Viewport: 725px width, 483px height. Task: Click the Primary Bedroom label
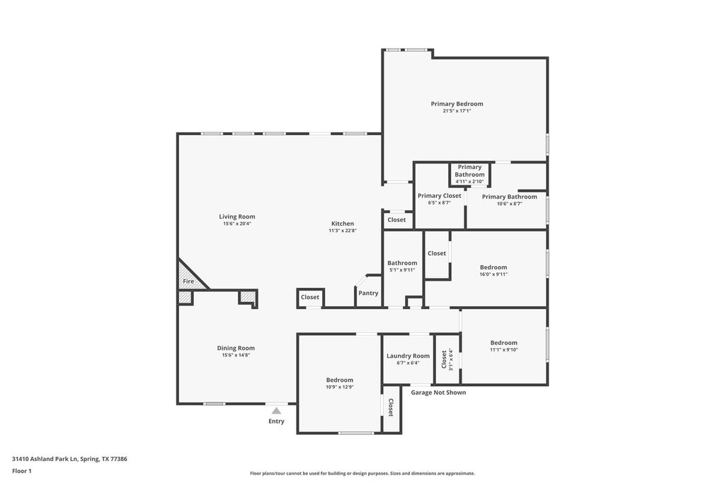pyautogui.click(x=457, y=104)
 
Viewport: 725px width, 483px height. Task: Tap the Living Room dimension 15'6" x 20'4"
pyautogui.click(x=237, y=223)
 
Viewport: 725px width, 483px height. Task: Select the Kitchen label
pyautogui.click(x=343, y=223)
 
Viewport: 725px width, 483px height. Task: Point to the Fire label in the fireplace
pyautogui.click(x=188, y=281)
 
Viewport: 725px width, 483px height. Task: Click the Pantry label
pyautogui.click(x=368, y=293)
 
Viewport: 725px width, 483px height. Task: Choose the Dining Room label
pyautogui.click(x=236, y=348)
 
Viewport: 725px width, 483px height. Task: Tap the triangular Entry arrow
pyautogui.click(x=276, y=410)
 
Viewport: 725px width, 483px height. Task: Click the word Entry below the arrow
pyautogui.click(x=277, y=421)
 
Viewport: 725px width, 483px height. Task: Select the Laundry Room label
pyautogui.click(x=409, y=356)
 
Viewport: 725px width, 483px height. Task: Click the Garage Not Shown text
pyautogui.click(x=438, y=392)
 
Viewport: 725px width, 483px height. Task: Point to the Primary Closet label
pyautogui.click(x=439, y=196)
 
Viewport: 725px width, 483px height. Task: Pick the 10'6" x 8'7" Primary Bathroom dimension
pyautogui.click(x=510, y=204)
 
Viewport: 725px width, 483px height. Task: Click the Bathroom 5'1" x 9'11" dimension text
pyautogui.click(x=402, y=270)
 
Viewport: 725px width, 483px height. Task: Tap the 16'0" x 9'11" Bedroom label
pyautogui.click(x=493, y=267)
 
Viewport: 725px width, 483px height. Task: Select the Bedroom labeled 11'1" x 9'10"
pyautogui.click(x=504, y=342)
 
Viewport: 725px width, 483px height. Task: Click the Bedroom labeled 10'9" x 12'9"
pyautogui.click(x=340, y=380)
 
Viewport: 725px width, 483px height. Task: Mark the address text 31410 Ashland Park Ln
pyautogui.click(x=45, y=459)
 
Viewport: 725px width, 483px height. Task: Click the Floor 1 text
pyautogui.click(x=22, y=471)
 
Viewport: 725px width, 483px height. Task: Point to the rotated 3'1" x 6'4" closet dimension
pyautogui.click(x=451, y=359)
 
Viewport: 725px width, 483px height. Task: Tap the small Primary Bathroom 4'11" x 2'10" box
pyautogui.click(x=470, y=174)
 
